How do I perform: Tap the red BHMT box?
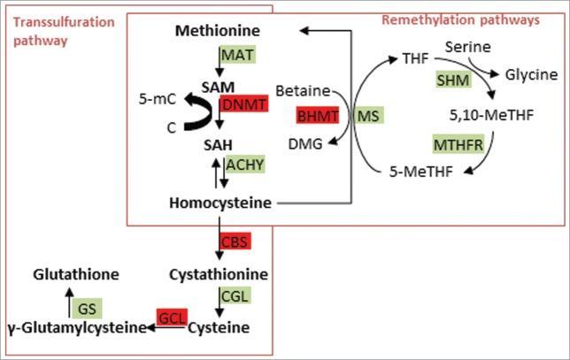tap(318, 115)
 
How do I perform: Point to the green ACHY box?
tap(245, 164)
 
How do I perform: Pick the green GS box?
tap(86, 308)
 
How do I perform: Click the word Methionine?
tap(218, 33)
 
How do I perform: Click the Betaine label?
tap(303, 90)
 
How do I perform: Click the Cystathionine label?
tap(220, 274)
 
